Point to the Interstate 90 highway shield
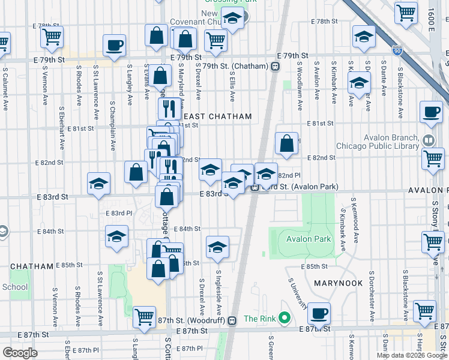coord(396,50)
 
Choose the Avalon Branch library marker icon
coord(428,140)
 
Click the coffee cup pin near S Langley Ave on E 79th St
coord(113,44)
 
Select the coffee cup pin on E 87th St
coord(319,313)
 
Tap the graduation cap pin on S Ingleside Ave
coord(218,246)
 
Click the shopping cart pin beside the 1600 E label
coord(406,12)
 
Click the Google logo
coord(20,353)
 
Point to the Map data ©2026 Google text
coord(412,355)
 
